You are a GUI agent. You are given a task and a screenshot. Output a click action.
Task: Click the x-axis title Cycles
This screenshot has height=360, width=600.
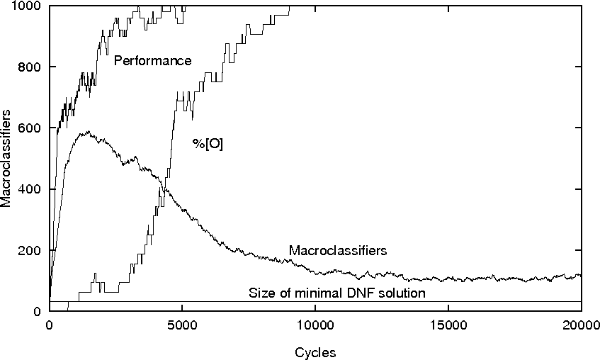pos(315,352)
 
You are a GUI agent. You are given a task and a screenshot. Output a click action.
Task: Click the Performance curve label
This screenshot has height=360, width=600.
pos(152,61)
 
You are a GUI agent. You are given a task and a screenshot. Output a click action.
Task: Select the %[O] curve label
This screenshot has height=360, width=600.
pos(208,144)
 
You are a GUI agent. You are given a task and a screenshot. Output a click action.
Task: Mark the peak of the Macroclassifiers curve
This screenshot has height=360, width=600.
pos(88,132)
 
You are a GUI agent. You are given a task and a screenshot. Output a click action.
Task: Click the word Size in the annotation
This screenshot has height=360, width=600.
pos(259,293)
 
